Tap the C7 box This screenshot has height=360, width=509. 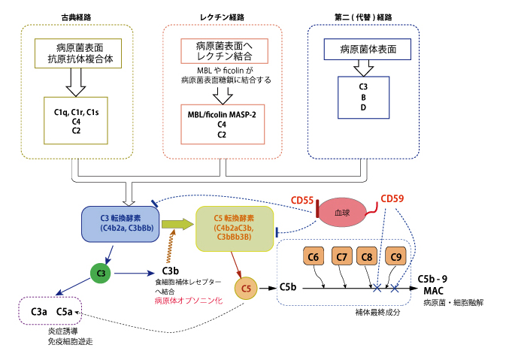click(341, 258)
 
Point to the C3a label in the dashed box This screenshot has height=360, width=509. click(40, 311)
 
